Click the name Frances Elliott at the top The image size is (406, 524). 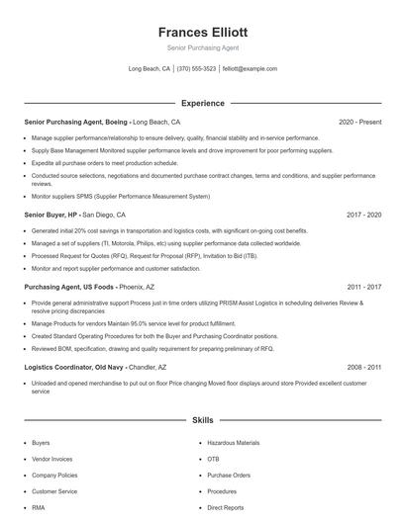coord(202,31)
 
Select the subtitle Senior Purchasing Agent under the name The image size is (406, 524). coord(202,47)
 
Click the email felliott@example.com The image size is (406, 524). coord(250,69)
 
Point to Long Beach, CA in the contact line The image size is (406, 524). coord(150,69)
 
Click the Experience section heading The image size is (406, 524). coord(202,103)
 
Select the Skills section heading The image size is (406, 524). coord(202,420)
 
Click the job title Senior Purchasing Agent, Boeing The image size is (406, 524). coord(74,122)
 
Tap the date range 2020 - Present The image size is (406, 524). coord(359,122)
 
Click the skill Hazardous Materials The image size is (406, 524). coord(234,443)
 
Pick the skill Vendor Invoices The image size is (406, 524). coord(53,459)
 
